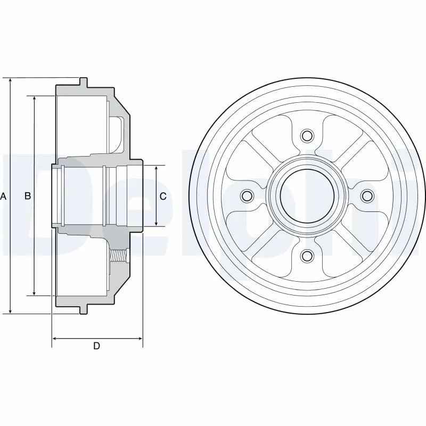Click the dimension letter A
[x=3, y=196]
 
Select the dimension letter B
[x=28, y=196]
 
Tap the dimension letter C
[x=163, y=196]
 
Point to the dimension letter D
[x=96, y=346]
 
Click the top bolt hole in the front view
[x=306, y=135]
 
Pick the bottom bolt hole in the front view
[x=306, y=257]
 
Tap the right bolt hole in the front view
[x=367, y=196]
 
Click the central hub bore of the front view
[x=306, y=196]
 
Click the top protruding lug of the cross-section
[x=83, y=82]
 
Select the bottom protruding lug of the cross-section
[x=83, y=309]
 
